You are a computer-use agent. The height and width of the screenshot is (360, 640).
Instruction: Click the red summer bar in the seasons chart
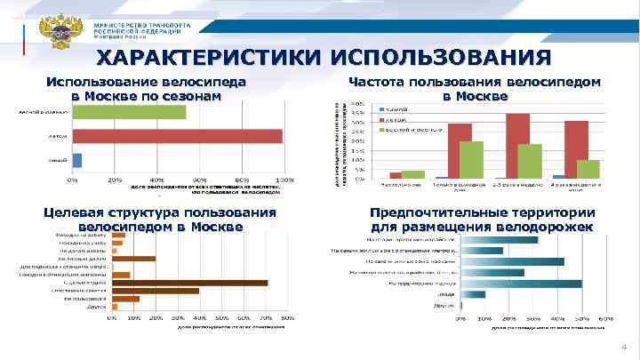click(177, 136)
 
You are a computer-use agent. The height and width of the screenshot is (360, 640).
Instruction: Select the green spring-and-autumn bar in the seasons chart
click(129, 112)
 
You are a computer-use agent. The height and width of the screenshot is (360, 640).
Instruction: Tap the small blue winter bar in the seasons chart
click(77, 160)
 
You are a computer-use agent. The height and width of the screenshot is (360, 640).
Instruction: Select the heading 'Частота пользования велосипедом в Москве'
click(474, 88)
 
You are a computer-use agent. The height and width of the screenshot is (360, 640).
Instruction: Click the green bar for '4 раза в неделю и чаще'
click(588, 169)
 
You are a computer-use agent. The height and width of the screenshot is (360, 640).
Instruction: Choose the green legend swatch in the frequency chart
click(382, 129)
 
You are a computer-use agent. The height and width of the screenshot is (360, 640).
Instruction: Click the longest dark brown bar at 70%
click(189, 283)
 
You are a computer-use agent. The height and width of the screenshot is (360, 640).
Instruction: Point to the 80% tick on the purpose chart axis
click(288, 317)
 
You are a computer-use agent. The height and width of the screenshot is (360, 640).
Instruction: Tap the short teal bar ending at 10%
click(472, 294)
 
